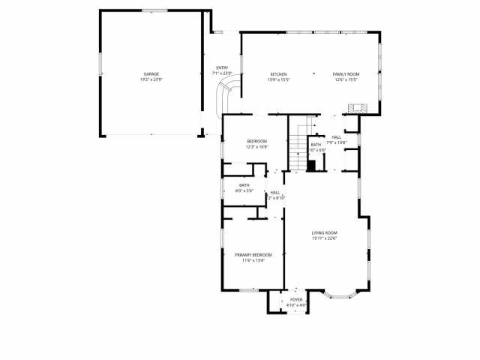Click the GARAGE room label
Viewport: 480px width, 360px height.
click(151, 73)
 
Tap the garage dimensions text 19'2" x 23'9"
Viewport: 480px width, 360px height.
click(151, 79)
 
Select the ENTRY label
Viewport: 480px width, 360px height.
click(222, 67)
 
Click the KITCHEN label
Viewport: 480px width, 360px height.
click(279, 73)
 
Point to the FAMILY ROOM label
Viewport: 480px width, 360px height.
click(346, 73)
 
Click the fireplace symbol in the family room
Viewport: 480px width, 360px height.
click(356, 109)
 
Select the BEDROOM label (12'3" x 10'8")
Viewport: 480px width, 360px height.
click(257, 141)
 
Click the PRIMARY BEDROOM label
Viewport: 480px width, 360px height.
click(253, 255)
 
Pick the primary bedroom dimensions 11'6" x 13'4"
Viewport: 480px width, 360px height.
click(253, 261)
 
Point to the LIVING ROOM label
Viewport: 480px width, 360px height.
click(325, 233)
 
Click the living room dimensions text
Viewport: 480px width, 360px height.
click(325, 239)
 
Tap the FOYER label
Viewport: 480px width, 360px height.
click(297, 299)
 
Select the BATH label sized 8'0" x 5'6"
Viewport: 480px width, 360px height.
click(244, 185)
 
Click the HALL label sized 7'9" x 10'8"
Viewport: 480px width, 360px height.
click(337, 137)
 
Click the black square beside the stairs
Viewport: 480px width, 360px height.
click(311, 166)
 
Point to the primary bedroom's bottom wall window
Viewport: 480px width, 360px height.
click(250, 289)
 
